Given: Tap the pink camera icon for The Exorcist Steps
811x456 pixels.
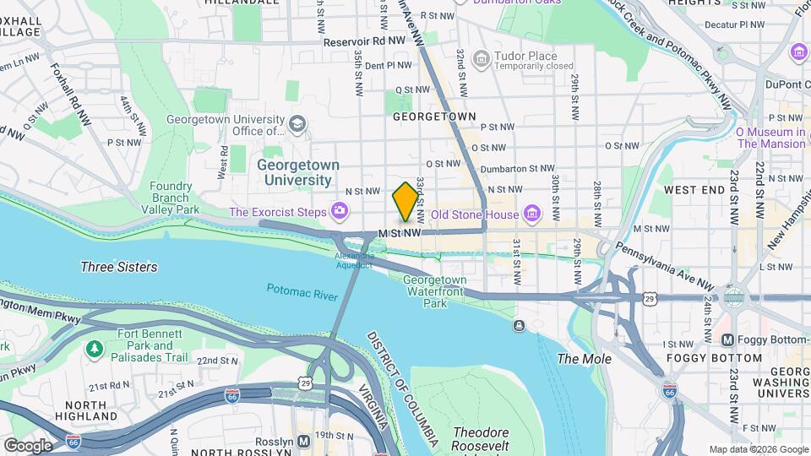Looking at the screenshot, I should tap(339, 209).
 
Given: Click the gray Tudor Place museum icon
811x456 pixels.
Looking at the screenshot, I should tap(482, 58).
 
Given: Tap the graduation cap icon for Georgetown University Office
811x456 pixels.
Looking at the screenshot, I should tap(297, 125).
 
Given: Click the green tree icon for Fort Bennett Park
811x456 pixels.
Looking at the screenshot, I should tap(95, 348).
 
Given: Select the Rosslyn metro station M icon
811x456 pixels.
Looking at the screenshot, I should tap(303, 440).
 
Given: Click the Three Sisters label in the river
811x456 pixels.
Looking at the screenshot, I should tap(118, 267).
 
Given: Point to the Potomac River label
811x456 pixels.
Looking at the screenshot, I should tap(302, 290).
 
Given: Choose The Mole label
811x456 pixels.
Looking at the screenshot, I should tap(584, 359).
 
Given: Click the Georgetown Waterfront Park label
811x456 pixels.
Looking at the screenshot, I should tap(434, 291).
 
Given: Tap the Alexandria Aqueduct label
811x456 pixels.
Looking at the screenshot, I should tap(353, 260).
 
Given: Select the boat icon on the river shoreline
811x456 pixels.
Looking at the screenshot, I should tap(517, 325).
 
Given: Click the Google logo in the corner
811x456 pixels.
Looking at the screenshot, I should tap(28, 445).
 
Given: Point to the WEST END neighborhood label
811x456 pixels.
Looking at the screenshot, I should tap(694, 191).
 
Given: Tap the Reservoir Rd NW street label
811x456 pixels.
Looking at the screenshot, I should tap(364, 41).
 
